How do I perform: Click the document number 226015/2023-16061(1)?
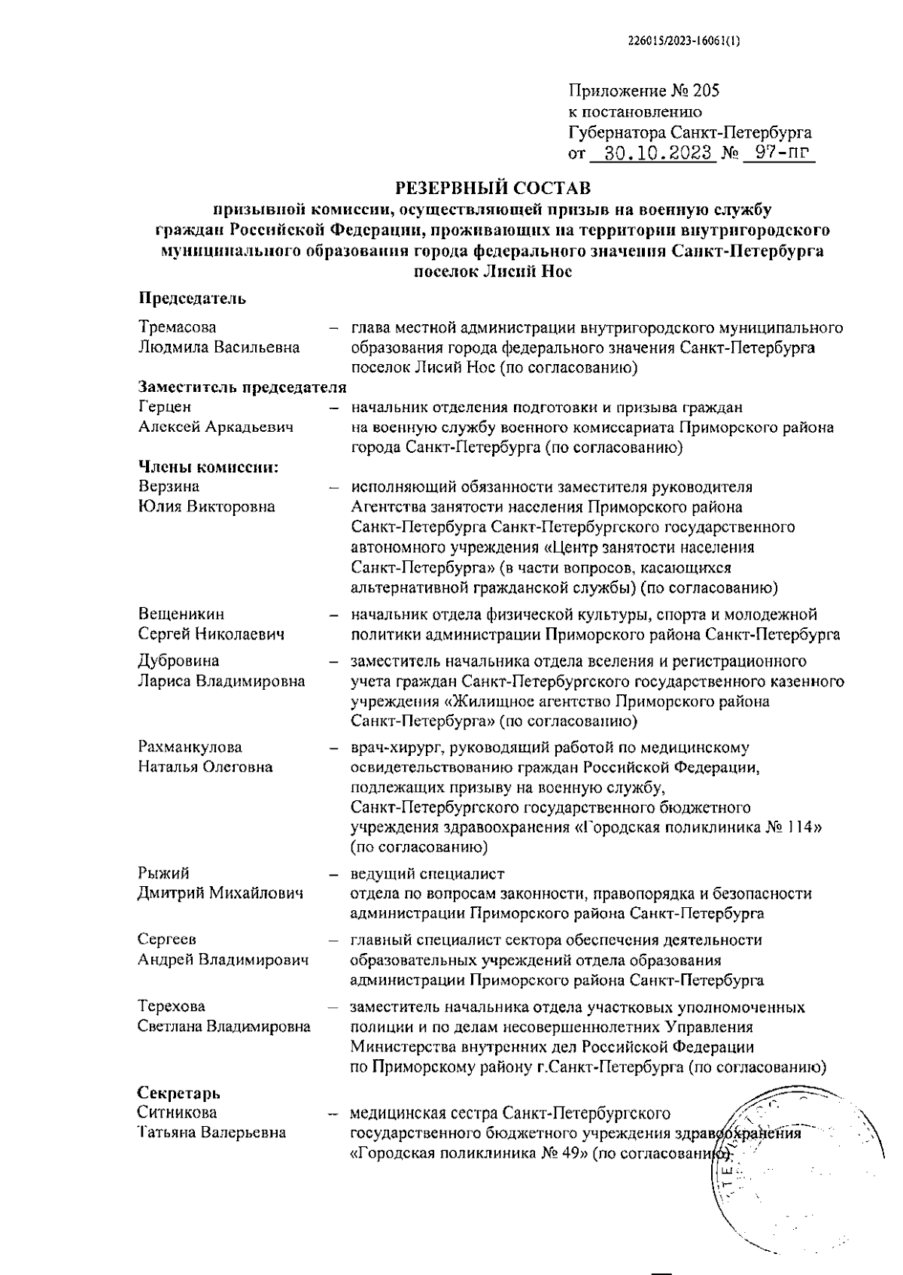click(684, 43)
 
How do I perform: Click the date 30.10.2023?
click(652, 153)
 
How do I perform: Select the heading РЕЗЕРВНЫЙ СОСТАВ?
click(493, 186)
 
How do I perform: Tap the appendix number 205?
click(707, 92)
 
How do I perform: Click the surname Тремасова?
click(177, 327)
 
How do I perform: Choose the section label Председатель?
click(192, 299)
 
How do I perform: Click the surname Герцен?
click(165, 407)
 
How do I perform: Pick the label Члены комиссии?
click(208, 467)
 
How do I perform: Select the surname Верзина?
click(169, 487)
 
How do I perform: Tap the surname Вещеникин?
click(181, 615)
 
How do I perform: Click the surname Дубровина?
click(178, 661)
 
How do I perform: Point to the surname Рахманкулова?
click(190, 747)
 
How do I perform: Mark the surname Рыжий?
click(163, 873)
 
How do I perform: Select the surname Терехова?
click(172, 1006)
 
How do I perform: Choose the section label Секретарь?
click(178, 1093)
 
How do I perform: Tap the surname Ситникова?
click(177, 1112)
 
